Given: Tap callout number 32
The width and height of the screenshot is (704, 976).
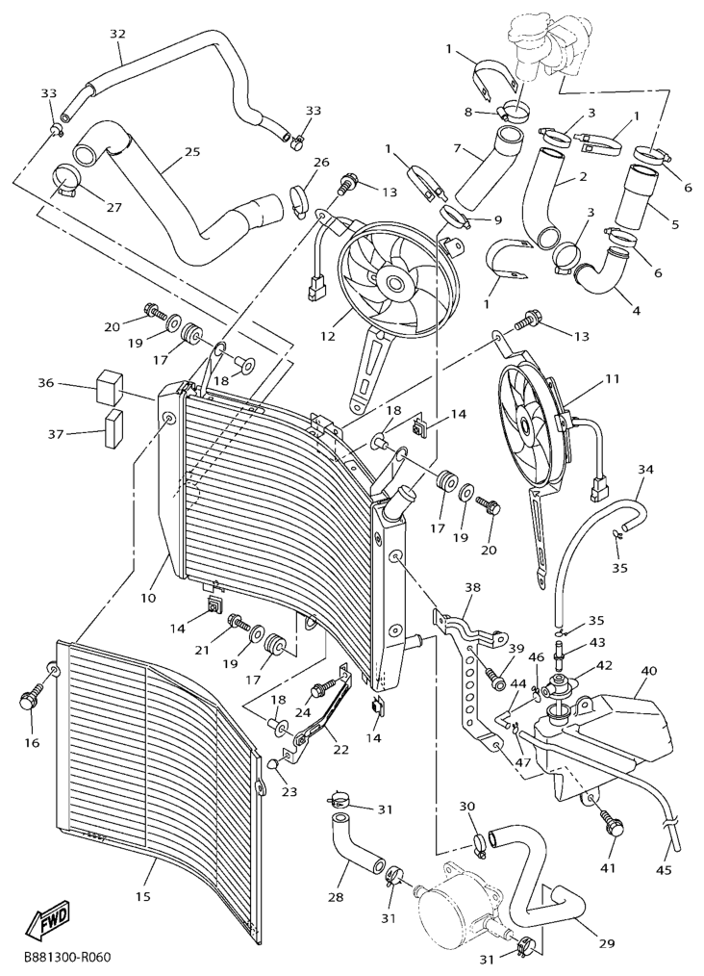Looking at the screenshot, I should pos(117,34).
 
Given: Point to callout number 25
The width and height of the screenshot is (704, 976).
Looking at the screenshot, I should pos(191,152).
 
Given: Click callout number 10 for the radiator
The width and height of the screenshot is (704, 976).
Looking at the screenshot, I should pos(148,598).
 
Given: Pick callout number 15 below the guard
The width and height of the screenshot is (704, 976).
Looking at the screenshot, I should pos(143,896).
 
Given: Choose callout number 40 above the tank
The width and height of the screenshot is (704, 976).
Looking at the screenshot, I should pos(648,671).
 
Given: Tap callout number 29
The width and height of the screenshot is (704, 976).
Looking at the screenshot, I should pos(606,943).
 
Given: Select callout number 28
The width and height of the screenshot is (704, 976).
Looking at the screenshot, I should pos(336,896).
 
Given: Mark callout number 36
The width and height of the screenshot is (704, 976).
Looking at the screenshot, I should pos(45,382).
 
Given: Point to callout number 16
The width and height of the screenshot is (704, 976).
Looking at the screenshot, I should pos(32,742).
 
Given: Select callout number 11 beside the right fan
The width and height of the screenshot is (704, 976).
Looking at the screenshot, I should pos(613,379).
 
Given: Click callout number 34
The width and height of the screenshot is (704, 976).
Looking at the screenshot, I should pos(645,469).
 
